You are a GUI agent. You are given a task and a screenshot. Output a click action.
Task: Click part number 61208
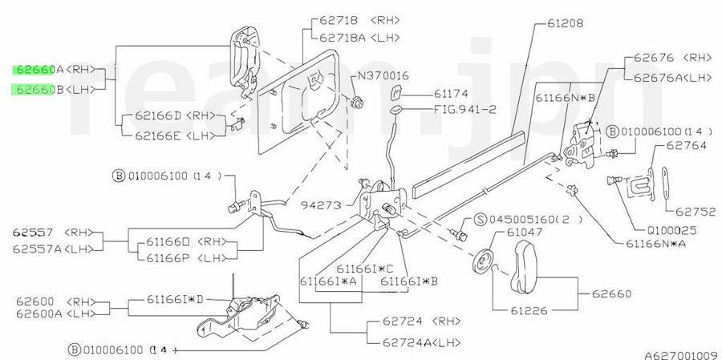click(x=566, y=23)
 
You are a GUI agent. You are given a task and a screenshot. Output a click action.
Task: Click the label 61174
click(x=451, y=94)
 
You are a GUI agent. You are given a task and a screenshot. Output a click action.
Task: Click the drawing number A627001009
click(x=681, y=355)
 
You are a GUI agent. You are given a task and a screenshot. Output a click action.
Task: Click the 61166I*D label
click(x=175, y=299)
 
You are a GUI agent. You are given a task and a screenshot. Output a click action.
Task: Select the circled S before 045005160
click(x=481, y=219)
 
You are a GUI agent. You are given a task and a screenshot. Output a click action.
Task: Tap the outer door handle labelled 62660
click(x=524, y=266)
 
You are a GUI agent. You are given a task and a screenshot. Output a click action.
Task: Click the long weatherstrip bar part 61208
click(x=468, y=164)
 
